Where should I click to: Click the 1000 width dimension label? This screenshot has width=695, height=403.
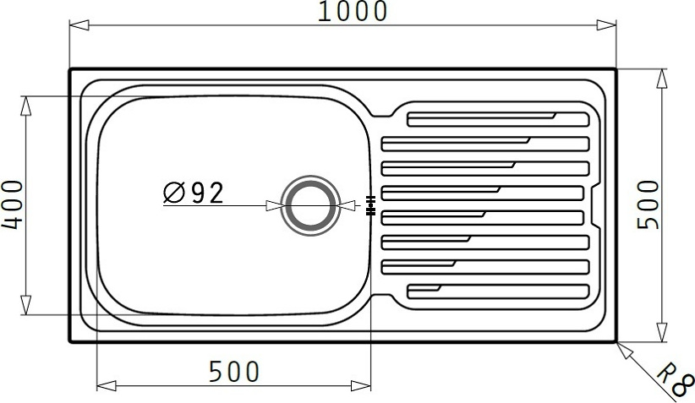pos(353,12)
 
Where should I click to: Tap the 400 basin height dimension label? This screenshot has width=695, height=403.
pos(13,204)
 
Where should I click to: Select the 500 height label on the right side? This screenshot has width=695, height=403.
pos(648,204)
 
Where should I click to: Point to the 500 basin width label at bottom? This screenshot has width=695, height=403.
pos(234,372)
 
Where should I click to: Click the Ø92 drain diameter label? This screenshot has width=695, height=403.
pos(194,193)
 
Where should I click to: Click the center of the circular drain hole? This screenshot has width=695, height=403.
pos(310,205)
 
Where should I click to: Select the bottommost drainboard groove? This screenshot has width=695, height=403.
pos(498,291)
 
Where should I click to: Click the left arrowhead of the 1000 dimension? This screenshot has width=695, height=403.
pos(79,25)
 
